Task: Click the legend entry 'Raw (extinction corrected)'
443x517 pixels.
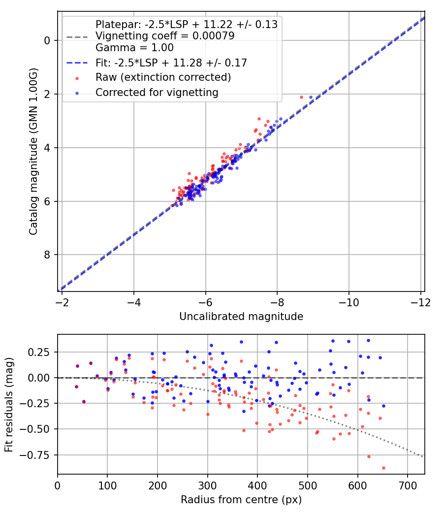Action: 163,77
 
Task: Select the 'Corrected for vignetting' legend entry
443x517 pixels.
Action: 157,92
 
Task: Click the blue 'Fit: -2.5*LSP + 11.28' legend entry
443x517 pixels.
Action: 171,63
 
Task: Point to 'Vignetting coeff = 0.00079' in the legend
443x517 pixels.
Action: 164,36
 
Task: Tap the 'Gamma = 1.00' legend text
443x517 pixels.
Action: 134,48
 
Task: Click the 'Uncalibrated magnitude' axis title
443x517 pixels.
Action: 241,316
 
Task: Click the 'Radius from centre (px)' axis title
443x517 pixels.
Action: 241,500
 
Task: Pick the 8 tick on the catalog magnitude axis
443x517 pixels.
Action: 47,255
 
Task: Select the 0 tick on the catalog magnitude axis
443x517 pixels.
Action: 47,40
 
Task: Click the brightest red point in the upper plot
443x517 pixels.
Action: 302,97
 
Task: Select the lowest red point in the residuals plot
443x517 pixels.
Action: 383,468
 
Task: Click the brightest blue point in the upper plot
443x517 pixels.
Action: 311,97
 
